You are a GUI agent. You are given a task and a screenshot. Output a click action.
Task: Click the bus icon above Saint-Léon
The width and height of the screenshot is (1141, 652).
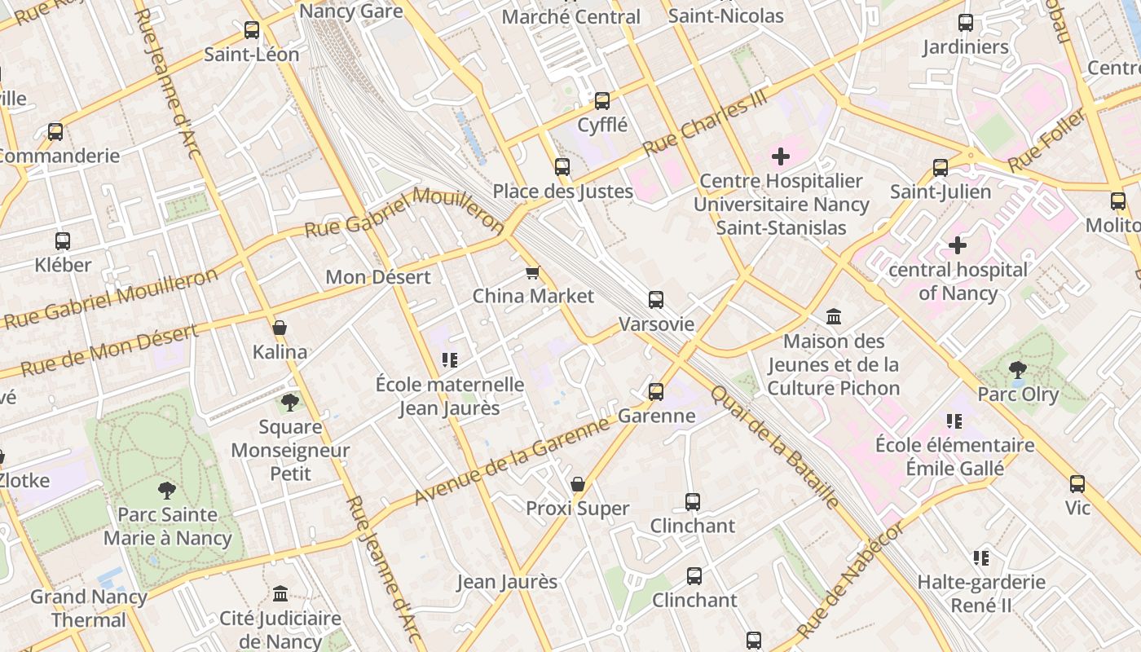pos(252,30)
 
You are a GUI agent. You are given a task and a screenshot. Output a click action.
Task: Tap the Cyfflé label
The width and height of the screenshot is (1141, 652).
pos(602,125)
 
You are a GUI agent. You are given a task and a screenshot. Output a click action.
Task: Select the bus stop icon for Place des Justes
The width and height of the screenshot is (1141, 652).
pos(562,167)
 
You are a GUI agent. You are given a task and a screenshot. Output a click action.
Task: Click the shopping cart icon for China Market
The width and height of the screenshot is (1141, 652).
pos(533,272)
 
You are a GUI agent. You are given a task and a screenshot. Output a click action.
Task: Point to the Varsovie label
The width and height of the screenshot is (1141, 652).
pos(656,324)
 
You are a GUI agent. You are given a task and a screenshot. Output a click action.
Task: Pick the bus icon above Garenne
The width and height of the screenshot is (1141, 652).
pos(656,392)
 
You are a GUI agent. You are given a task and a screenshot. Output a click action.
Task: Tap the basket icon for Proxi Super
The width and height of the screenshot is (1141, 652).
pos(578,485)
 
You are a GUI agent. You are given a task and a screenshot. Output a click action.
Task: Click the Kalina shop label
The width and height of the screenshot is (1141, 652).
pos(280,352)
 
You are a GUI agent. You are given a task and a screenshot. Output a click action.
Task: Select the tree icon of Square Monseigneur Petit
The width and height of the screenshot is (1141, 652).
pos(289,402)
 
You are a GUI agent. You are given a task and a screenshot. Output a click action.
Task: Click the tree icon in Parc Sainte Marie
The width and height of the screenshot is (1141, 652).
pos(167,491)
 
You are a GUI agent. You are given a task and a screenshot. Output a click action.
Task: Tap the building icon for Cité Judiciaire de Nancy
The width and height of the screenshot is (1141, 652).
pos(280,593)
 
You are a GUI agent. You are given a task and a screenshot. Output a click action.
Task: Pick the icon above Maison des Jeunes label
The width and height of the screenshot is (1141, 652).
pos(834,316)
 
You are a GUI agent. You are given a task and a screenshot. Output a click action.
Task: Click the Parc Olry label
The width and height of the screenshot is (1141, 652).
pos(1018,394)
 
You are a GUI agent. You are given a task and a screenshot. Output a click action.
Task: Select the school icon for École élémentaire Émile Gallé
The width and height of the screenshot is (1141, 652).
pos(954,421)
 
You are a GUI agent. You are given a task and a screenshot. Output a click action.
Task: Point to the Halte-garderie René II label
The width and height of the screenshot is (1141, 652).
pos(981,593)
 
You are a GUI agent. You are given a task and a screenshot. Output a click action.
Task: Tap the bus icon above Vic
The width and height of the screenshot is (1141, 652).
pos(1077,484)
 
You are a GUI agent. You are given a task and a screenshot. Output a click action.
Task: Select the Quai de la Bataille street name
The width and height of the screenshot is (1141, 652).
pos(773,446)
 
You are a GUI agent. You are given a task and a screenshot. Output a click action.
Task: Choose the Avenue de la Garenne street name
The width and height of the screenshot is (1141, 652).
pos(512,460)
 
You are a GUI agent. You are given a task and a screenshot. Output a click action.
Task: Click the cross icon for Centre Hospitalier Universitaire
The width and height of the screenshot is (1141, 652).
pos(781,156)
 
